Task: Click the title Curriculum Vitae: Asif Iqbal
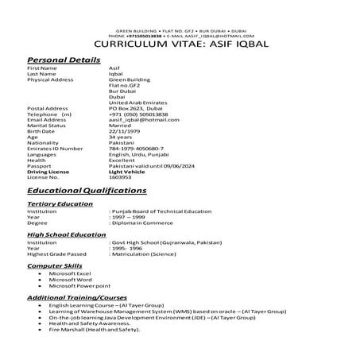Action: (180, 45)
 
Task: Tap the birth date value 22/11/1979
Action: (126, 130)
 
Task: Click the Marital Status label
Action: (47, 125)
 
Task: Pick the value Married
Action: (121, 125)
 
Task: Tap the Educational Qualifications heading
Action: (87, 191)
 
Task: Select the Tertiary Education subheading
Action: (60, 204)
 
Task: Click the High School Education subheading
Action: (67, 235)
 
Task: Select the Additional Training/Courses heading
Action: (79, 296)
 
